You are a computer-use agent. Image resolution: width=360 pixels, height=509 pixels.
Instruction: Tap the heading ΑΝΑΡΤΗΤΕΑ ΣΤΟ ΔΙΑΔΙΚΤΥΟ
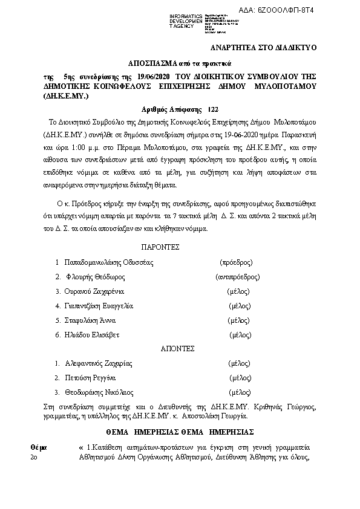[263, 47]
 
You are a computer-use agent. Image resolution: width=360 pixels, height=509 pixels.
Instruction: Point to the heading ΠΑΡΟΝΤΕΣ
[161, 247]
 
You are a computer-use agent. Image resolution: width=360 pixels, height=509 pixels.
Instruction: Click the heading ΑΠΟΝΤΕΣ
[177, 349]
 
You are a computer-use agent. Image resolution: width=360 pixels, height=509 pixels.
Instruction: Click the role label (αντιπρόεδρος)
[237, 277]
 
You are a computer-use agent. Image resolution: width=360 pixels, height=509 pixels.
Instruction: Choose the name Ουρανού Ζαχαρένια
[97, 291]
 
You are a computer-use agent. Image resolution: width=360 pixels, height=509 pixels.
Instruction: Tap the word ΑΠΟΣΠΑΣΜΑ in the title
[154, 63]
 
